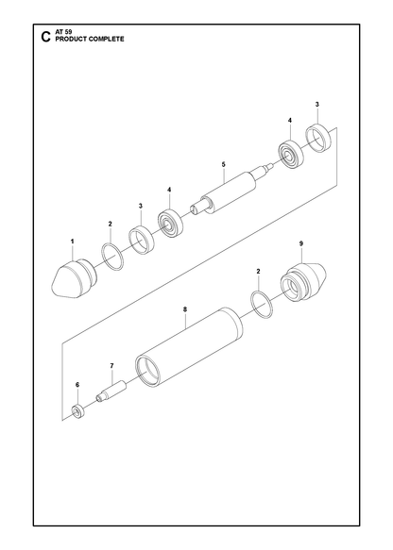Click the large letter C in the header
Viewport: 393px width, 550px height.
45,37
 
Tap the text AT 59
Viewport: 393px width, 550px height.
63,32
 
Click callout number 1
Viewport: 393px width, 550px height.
73,242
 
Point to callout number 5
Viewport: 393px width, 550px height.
224,164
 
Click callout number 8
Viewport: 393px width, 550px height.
185,309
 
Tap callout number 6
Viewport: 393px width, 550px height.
77,385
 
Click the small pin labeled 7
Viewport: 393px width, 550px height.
111,391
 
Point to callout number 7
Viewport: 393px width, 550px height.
111,366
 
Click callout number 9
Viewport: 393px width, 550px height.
301,243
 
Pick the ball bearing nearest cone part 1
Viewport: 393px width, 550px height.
171,223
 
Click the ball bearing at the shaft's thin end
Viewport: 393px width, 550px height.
291,154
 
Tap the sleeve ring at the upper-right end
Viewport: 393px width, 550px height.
318,138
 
